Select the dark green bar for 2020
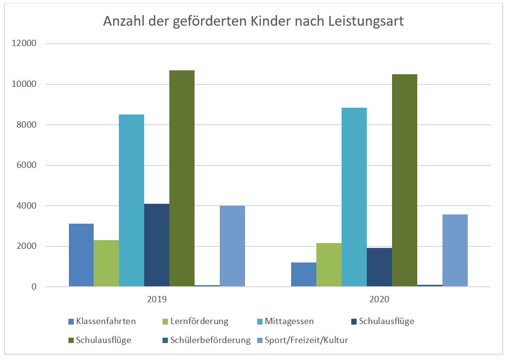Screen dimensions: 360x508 [405, 180]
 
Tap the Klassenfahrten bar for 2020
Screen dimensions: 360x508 [304, 275]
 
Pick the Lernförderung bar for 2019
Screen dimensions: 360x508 [106, 263]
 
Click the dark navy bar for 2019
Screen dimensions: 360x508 [157, 245]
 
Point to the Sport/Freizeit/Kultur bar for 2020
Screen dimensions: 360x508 [455, 250]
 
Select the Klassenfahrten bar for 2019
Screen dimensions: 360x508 [81, 255]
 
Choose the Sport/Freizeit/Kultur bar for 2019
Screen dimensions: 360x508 [232, 246]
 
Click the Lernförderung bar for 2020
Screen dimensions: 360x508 [329, 265]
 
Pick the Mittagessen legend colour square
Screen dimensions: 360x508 [260, 321]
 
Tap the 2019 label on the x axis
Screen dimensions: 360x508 [157, 299]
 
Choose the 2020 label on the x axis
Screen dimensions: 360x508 [379, 299]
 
